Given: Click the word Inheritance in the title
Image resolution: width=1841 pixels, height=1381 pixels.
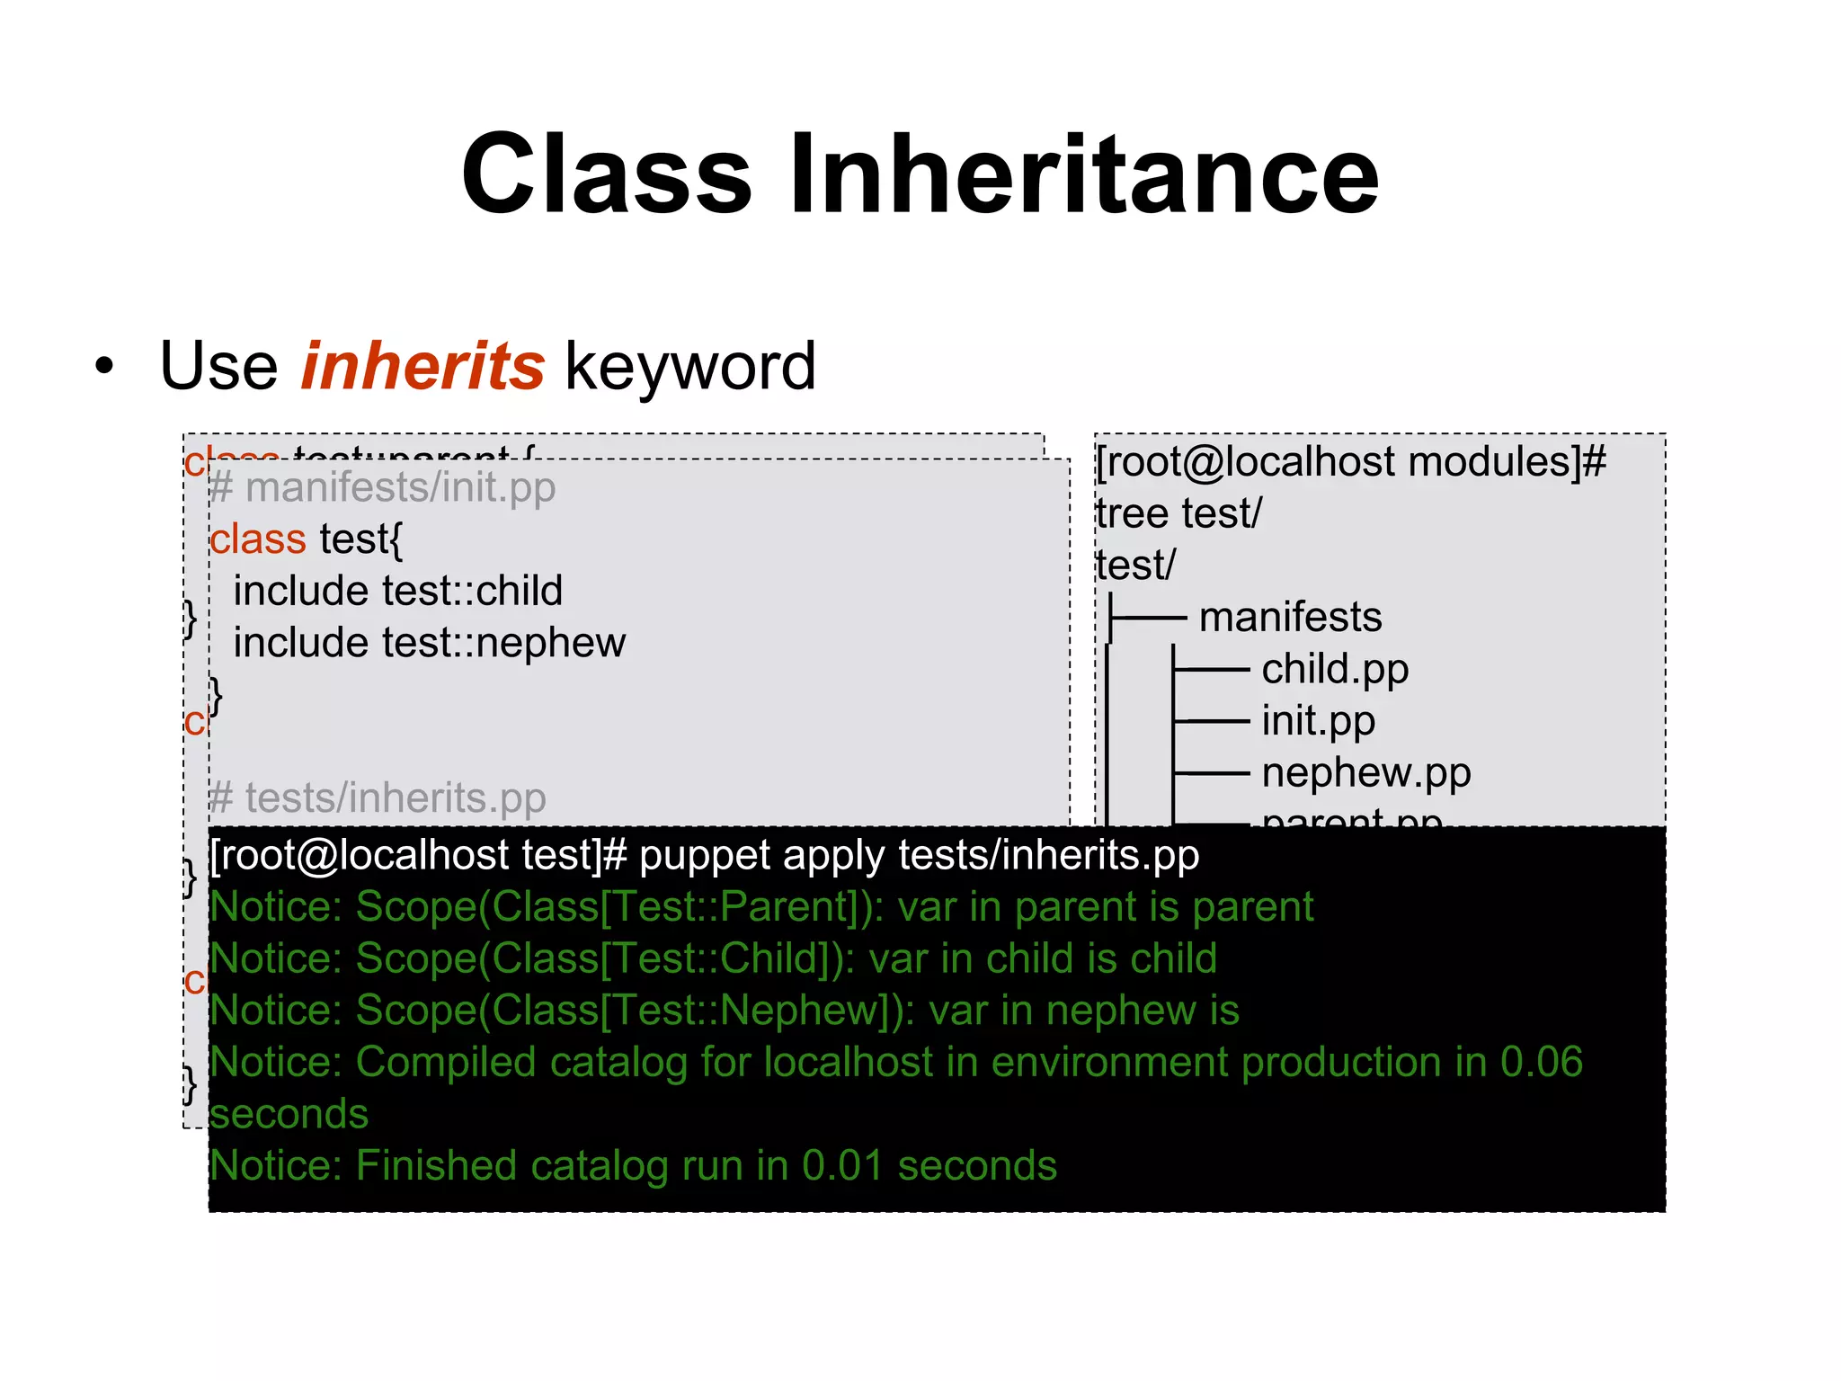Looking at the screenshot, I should [x=1083, y=174].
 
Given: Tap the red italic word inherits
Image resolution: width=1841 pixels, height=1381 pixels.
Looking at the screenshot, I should [x=422, y=366].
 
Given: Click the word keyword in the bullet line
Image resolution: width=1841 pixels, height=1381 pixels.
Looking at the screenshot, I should [x=690, y=367].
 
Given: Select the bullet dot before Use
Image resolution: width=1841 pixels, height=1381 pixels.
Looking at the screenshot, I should [x=105, y=367].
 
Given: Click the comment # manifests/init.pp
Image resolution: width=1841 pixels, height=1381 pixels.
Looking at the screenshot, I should [x=382, y=488].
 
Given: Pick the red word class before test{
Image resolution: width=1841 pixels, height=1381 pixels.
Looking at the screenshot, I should [x=258, y=539].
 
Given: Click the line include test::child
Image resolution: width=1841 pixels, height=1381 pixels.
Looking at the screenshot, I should [x=397, y=592].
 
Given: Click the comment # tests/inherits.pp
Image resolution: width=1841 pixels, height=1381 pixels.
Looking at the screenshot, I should [x=378, y=798].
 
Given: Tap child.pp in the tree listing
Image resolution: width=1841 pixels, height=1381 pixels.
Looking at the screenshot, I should [x=1334, y=670].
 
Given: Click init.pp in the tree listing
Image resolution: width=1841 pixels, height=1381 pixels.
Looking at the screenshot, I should [x=1318, y=721].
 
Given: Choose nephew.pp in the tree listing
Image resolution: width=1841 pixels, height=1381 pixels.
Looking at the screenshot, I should [x=1365, y=773].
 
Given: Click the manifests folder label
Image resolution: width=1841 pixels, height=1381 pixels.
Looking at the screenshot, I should [x=1290, y=618].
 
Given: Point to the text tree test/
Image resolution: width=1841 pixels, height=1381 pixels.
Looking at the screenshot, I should [x=1178, y=514].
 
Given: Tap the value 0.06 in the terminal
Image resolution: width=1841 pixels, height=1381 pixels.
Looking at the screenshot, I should [x=1541, y=1063].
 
